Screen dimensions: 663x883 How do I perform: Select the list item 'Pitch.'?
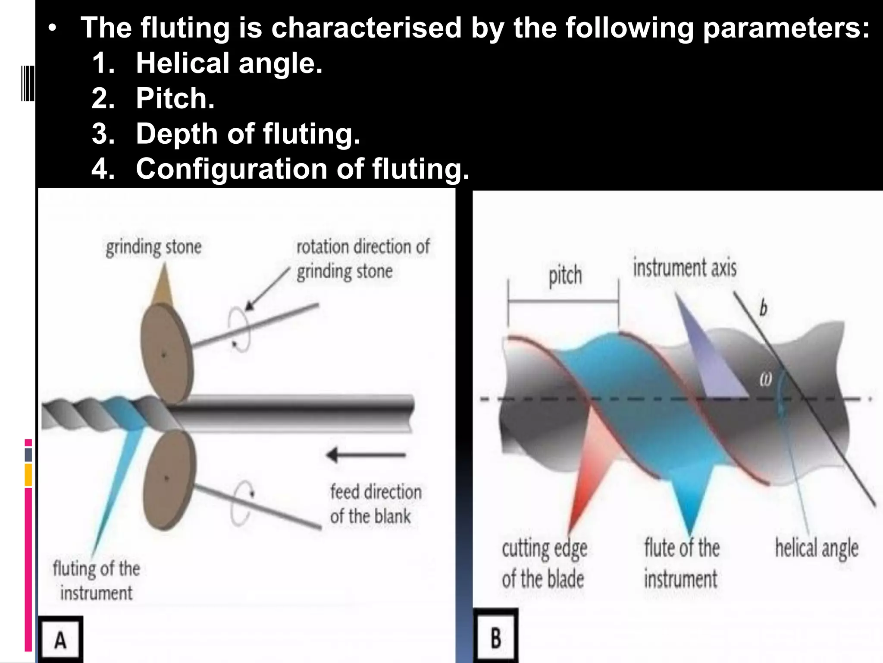pyautogui.click(x=175, y=98)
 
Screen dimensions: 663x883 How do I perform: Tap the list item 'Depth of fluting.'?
pyautogui.click(x=247, y=133)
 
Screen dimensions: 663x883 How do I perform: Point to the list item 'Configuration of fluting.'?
pyautogui.click(x=302, y=168)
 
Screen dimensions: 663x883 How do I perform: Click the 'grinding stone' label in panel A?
pyautogui.click(x=153, y=247)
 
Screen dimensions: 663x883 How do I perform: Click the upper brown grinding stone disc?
pyautogui.click(x=166, y=354)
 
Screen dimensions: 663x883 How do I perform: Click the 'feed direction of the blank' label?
pyautogui.click(x=375, y=504)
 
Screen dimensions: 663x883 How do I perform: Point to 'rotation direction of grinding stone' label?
pyautogui.click(x=363, y=259)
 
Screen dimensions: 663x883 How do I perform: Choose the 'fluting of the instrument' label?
pyautogui.click(x=97, y=581)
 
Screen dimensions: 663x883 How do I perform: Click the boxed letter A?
pyautogui.click(x=60, y=640)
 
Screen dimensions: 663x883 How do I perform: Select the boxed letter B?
pyautogui.click(x=496, y=638)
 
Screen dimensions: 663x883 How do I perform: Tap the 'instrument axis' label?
pyautogui.click(x=685, y=268)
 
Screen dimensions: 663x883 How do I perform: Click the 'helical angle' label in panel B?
pyautogui.click(x=817, y=548)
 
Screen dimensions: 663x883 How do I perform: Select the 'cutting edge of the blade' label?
pyautogui.click(x=544, y=564)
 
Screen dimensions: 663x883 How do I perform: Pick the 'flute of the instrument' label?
pyautogui.click(x=682, y=564)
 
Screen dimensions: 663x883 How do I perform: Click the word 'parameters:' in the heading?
pyautogui.click(x=786, y=28)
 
